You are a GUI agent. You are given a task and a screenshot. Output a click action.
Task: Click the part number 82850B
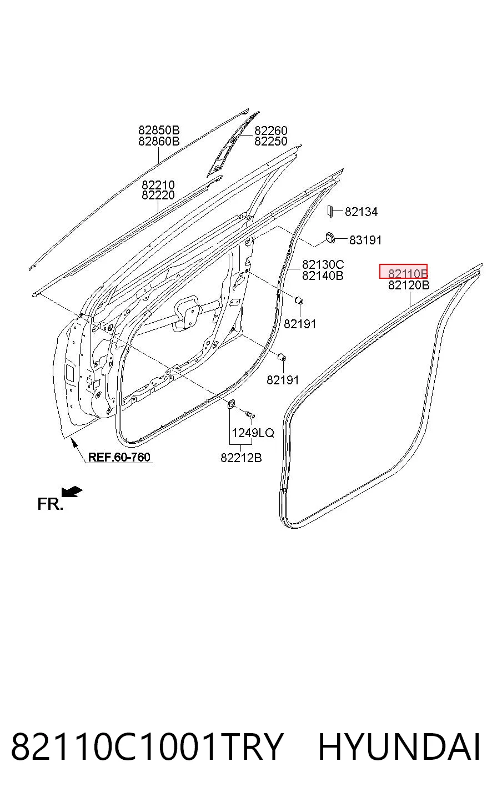point(159,130)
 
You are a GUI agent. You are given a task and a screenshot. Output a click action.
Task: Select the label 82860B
point(159,141)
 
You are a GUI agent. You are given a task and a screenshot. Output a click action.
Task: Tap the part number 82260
point(271,130)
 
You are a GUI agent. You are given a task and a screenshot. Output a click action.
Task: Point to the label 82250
point(271,141)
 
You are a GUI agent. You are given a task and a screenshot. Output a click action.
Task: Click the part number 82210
point(158,185)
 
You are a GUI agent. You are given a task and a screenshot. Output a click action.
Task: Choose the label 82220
point(158,195)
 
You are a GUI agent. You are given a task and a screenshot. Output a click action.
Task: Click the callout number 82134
point(362,212)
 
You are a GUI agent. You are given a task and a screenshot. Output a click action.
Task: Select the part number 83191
point(365,240)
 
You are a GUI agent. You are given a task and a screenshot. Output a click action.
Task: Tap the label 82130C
point(323,264)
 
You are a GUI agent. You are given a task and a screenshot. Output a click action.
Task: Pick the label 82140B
point(323,275)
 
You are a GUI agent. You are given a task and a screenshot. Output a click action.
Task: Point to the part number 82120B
point(409,285)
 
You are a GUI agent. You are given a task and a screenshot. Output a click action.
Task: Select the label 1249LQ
point(253,433)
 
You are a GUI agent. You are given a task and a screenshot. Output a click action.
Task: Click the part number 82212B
point(241,458)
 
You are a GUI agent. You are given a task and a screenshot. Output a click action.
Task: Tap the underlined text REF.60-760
point(119,457)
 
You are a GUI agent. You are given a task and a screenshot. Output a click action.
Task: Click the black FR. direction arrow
point(72,492)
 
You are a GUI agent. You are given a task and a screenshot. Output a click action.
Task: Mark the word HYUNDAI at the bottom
point(399,746)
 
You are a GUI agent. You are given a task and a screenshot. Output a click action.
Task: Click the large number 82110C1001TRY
point(147,746)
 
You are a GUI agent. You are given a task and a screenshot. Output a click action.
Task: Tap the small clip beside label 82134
point(329,212)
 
